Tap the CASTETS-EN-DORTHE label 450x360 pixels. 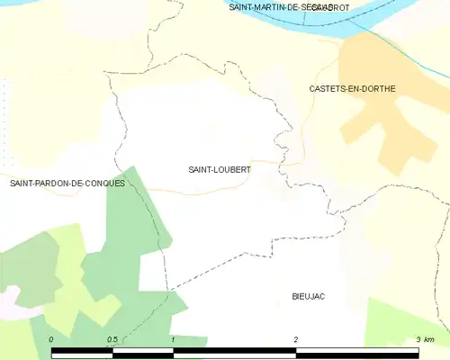point(352,88)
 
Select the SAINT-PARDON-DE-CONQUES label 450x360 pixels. point(67,183)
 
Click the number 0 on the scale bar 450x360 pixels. point(51,339)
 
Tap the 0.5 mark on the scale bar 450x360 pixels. point(112,339)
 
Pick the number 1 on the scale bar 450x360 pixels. point(172,339)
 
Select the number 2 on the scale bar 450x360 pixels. point(295,339)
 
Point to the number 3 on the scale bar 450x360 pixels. point(418,339)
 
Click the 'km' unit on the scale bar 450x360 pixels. point(429,339)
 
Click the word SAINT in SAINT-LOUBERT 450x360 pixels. point(201,168)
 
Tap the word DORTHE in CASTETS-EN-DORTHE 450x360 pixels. point(377,88)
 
